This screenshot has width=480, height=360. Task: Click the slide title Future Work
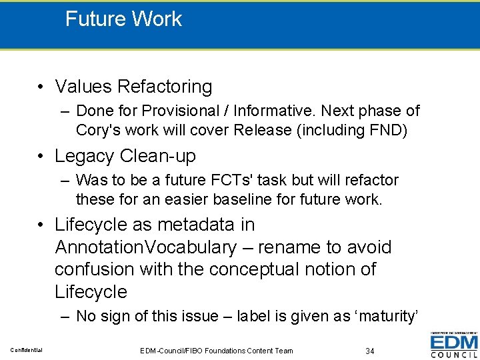pos(123,19)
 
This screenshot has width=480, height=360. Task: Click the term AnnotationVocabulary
pos(145,247)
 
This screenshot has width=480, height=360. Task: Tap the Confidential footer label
pos(26,350)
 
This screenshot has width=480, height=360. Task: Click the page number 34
pos(370,351)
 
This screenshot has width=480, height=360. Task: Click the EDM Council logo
pos(454,344)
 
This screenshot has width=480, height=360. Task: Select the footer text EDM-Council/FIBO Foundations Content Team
pos(217,351)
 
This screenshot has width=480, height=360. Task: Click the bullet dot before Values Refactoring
pos(41,87)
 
